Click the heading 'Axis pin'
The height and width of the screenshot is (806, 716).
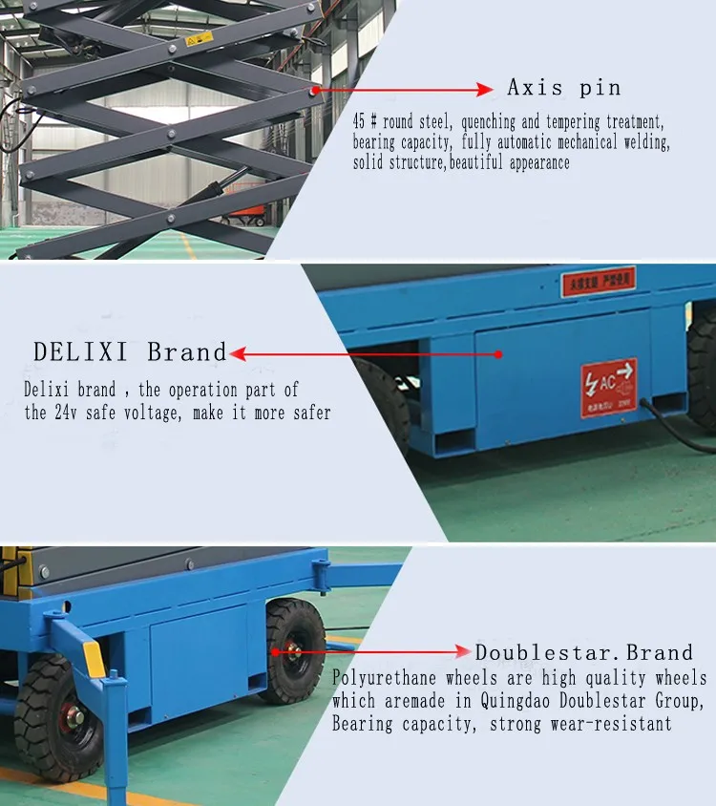(x=563, y=88)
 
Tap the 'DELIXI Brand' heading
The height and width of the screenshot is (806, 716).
(x=131, y=351)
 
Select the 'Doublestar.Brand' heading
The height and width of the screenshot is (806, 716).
(x=583, y=653)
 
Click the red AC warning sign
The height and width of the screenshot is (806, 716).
(x=608, y=388)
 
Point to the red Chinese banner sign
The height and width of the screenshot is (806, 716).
(x=599, y=282)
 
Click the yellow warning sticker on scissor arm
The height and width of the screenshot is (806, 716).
(x=199, y=39)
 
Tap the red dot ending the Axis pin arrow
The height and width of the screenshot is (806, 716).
(x=315, y=90)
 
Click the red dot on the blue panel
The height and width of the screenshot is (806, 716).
(x=497, y=354)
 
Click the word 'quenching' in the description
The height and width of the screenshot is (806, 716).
(x=467, y=123)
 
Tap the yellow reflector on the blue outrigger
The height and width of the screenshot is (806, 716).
(x=95, y=658)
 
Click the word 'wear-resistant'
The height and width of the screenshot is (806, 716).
(x=610, y=724)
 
